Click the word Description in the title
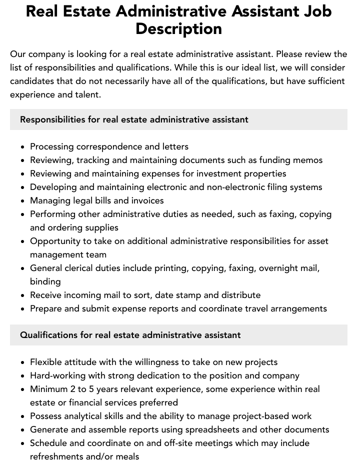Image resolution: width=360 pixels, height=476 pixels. pyautogui.click(x=178, y=28)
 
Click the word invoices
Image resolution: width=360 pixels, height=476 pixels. pyautogui.click(x=145, y=200)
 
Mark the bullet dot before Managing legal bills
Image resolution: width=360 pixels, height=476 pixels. pyautogui.click(x=23, y=201)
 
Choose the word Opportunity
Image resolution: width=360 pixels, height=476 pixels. pyautogui.click(x=55, y=241)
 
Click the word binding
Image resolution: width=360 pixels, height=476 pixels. pyautogui.click(x=45, y=281)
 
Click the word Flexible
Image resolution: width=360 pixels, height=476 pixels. pyautogui.click(x=46, y=362)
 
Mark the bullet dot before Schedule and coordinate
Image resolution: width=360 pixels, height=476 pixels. pyautogui.click(x=23, y=443)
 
